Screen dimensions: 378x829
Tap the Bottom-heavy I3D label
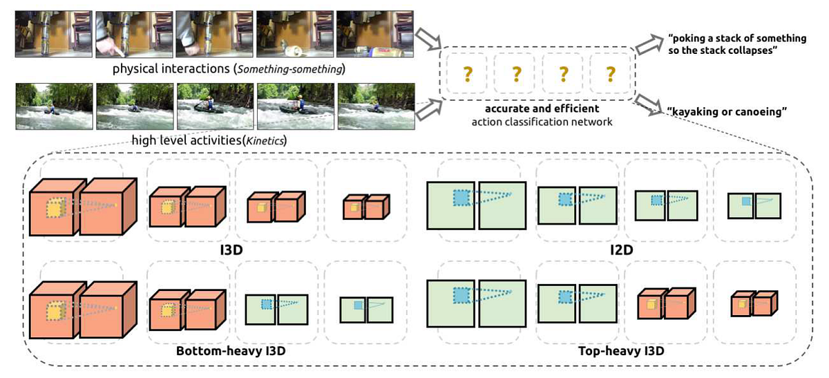pyautogui.click(x=231, y=351)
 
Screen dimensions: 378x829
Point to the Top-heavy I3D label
pyautogui.click(x=621, y=351)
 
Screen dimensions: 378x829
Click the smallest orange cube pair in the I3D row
pyautogui.click(x=363, y=205)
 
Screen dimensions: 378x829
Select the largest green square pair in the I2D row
pyautogui.click(x=476, y=205)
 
